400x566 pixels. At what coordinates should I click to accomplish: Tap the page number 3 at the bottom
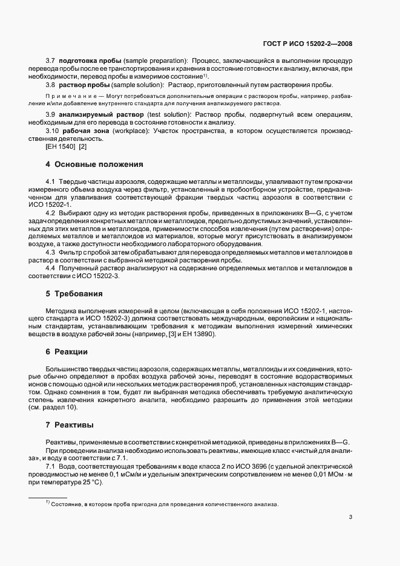(x=352, y=517)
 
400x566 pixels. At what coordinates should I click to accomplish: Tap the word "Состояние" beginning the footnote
(x=67, y=504)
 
